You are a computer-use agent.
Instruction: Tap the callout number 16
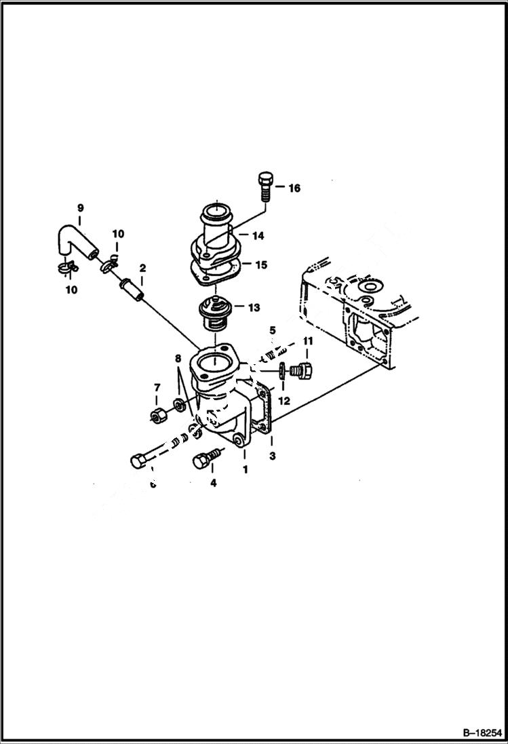(294, 188)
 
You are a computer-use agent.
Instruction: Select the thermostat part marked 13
(213, 315)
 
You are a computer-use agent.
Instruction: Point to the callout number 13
(253, 307)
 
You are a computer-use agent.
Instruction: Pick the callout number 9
(79, 208)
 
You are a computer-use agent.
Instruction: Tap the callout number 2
(142, 269)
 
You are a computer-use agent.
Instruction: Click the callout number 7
(157, 387)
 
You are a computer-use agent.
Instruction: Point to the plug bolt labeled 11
(300, 370)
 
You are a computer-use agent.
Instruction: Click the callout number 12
(284, 401)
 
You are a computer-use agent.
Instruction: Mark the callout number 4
(213, 484)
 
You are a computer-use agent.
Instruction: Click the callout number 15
(260, 265)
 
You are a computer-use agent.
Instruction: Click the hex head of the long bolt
(136, 461)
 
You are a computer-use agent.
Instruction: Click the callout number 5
(272, 330)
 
